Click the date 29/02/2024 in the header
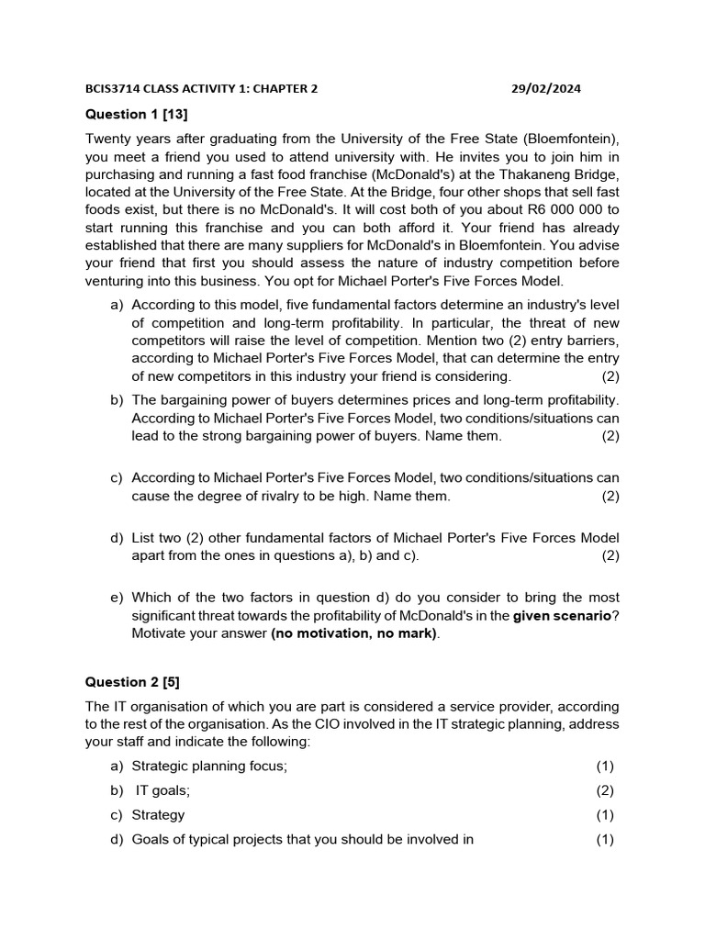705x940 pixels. (x=545, y=89)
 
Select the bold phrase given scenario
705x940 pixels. (x=561, y=616)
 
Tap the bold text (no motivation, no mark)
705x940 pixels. (x=354, y=633)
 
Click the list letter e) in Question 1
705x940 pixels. (x=117, y=598)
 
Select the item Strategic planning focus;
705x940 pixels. (x=209, y=767)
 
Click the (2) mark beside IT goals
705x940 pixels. (x=604, y=790)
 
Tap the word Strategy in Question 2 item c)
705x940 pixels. (x=158, y=814)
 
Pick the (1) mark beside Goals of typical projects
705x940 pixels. (x=604, y=839)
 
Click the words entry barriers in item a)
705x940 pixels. (x=567, y=341)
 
